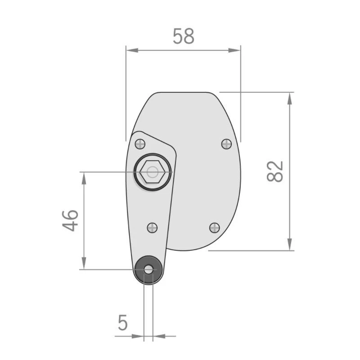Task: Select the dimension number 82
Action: click(x=275, y=171)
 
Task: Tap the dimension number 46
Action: click(x=71, y=220)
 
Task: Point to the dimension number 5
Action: click(x=122, y=323)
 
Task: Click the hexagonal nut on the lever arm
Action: click(x=153, y=172)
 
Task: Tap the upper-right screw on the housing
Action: click(x=227, y=144)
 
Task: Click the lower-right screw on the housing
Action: click(x=215, y=227)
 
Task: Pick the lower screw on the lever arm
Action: click(x=153, y=227)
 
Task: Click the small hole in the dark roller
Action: click(x=148, y=270)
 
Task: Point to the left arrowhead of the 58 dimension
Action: click(x=131, y=50)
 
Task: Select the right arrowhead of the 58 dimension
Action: click(x=236, y=50)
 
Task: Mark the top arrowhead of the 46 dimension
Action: click(x=84, y=177)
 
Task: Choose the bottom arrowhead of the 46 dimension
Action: click(x=84, y=264)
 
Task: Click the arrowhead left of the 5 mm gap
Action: click(x=139, y=335)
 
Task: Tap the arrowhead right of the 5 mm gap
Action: click(x=158, y=335)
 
